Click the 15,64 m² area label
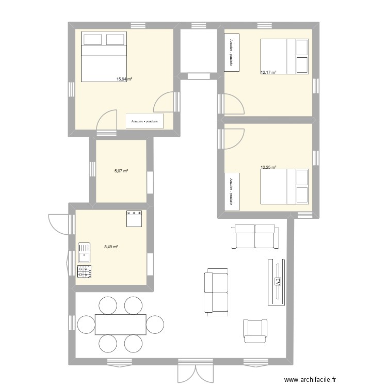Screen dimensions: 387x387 point(124,79)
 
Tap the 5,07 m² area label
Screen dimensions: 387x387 point(121,171)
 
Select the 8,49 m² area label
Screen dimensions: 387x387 point(111,247)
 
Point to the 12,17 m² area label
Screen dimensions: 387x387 point(268,73)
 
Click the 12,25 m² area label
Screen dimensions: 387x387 point(268,167)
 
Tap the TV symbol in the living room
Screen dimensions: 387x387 point(278,281)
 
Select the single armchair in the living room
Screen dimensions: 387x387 point(255,331)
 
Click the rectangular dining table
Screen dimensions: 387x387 point(120,325)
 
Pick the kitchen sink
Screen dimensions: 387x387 point(84,253)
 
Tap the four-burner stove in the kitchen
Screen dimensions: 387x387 point(84,271)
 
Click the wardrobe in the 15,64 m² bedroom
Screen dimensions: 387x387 point(145,121)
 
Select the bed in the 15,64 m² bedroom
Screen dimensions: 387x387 point(104,56)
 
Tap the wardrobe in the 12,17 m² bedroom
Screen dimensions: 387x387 point(231,52)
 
